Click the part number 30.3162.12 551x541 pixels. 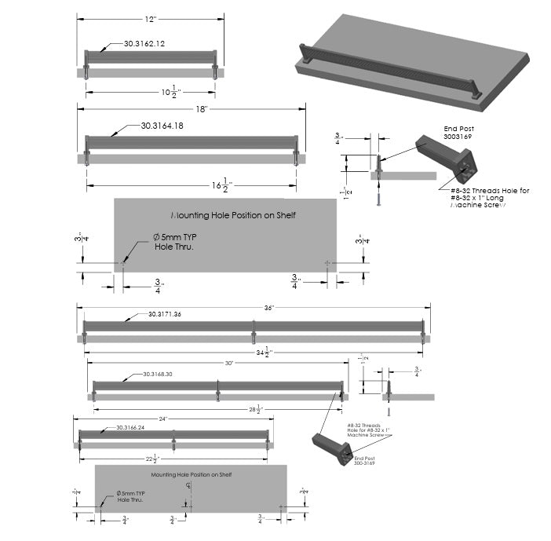pos(144,43)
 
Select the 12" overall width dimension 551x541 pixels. pos(150,17)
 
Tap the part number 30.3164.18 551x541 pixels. pos(162,126)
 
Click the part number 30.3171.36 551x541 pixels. pos(165,314)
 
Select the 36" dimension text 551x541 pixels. pos(269,309)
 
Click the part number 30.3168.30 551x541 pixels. pos(158,375)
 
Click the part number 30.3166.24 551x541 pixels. pos(130,428)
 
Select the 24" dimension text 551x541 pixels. pos(163,419)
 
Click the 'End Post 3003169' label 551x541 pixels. pos(459,132)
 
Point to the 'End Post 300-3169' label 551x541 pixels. pos(364,461)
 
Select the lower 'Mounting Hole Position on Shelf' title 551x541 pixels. pos(192,474)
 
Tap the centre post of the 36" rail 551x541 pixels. pos(254,334)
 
